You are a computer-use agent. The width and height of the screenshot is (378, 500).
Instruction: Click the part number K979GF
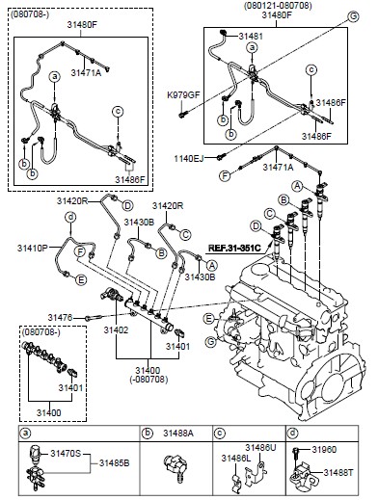183,94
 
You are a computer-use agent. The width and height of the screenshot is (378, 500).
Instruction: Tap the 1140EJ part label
189,158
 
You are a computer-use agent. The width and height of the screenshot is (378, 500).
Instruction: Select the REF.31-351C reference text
233,248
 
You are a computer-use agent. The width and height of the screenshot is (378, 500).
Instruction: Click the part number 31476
60,318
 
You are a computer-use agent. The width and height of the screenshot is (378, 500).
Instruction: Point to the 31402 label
116,329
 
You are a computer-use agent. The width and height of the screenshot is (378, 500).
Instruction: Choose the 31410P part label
33,248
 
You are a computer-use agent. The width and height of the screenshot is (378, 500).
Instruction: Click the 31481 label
251,36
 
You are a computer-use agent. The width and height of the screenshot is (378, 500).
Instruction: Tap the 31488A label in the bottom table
178,433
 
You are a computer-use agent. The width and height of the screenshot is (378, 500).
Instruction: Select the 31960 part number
324,449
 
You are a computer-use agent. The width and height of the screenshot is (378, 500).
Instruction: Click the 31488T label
338,472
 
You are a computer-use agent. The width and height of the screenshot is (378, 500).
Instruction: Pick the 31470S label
66,454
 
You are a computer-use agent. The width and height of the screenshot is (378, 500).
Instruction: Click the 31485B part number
114,462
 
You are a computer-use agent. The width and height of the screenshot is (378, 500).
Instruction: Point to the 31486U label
260,447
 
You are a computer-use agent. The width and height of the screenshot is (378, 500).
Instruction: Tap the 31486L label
235,459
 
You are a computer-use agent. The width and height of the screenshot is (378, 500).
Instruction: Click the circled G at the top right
353,16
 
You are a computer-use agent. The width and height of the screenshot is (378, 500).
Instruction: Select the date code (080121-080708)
278,6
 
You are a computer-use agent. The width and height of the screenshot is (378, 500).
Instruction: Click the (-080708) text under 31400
148,380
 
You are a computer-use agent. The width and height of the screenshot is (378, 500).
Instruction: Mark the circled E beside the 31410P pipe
81,280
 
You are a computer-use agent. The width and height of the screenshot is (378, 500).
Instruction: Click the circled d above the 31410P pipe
70,218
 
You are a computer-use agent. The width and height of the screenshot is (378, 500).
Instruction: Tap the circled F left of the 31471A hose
225,175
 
